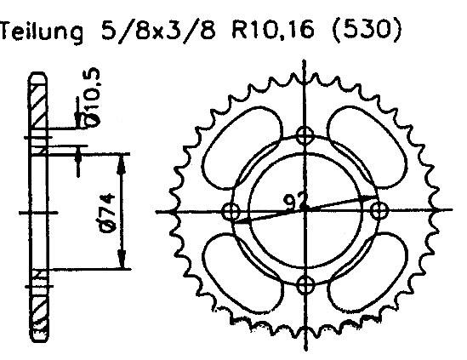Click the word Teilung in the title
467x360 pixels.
43,33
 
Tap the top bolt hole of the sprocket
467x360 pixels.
305,134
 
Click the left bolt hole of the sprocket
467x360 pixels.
230,209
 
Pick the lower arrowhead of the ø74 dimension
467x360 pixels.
124,261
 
